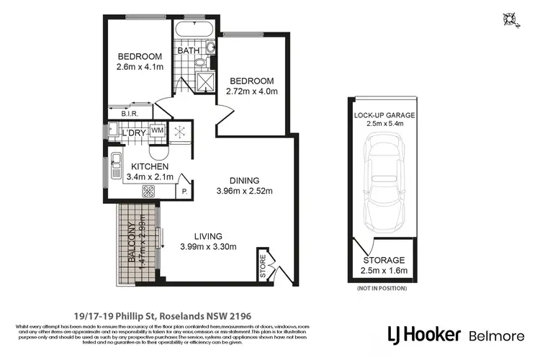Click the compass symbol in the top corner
tap(510, 19)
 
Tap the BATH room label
tap(189, 51)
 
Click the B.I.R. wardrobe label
tap(130, 113)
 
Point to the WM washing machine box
tap(158, 130)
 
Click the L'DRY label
tap(133, 134)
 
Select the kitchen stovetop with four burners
tap(150, 192)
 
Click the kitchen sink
tap(116, 162)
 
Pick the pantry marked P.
tap(184, 192)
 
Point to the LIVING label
tap(207, 236)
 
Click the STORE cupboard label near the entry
tap(262, 266)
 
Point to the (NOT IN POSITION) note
tap(381, 288)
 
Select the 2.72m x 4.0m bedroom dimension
tap(252, 91)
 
